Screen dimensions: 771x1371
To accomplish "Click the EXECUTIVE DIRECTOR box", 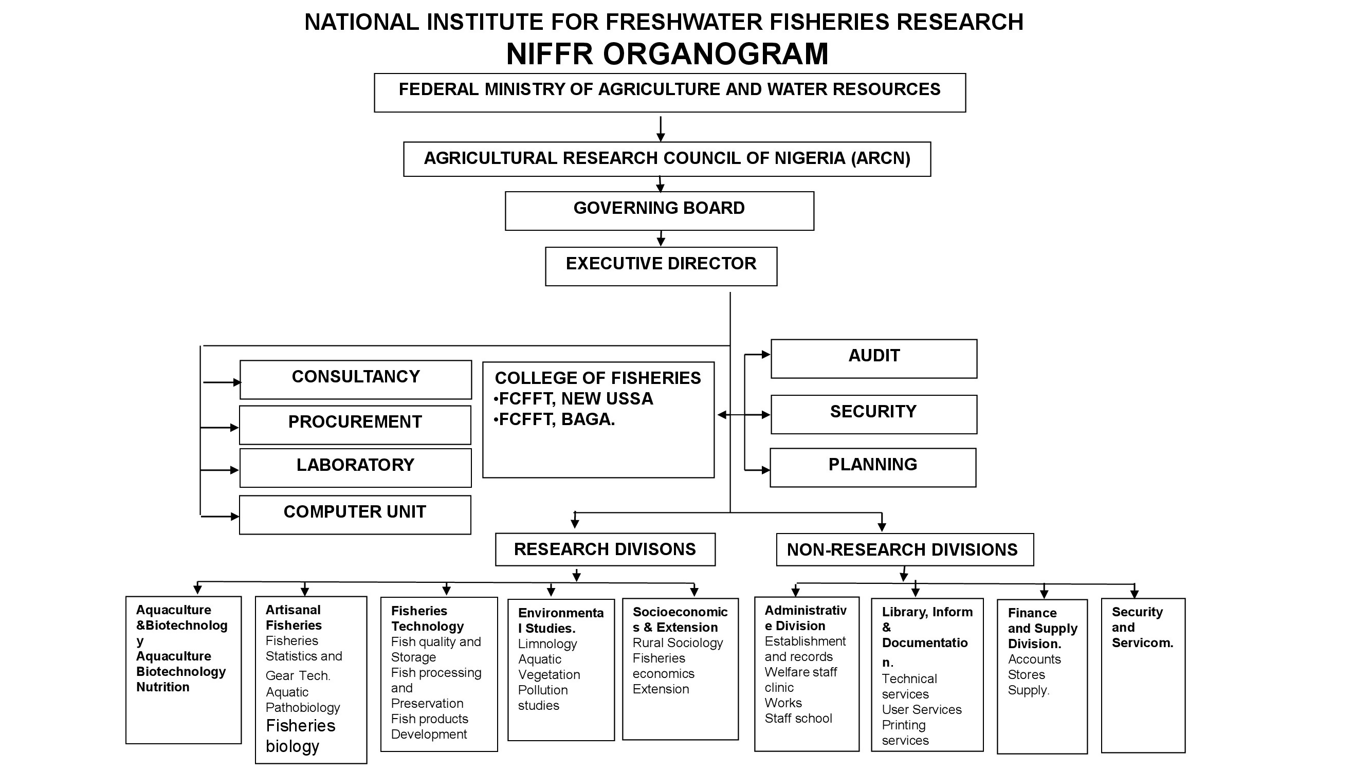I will pos(661,266).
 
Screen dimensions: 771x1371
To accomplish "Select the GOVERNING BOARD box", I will pos(659,211).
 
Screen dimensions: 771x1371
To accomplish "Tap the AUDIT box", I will pos(873,358).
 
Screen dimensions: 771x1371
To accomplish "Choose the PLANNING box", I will pos(872,467).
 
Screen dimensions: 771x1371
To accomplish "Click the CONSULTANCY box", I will pos(356,379).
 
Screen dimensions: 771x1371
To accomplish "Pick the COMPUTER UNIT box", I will pos(355,515).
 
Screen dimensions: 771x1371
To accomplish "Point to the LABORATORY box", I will pos(355,467).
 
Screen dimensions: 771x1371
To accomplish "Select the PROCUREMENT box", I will pos(355,425).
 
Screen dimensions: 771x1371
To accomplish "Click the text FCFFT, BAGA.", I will pos(556,419).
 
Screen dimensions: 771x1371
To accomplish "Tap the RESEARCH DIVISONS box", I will pos(605,549).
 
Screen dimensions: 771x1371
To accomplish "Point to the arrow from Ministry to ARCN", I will pos(661,129).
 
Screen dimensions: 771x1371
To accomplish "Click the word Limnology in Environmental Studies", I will pos(547,644).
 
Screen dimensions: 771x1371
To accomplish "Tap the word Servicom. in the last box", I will pos(1142,643).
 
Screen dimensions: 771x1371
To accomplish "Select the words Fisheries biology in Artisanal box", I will pos(300,736).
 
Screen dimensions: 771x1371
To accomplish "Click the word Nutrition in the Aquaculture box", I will pos(162,687).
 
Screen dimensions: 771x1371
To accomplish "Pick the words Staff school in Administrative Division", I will pos(798,719).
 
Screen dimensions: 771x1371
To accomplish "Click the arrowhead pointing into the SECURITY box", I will pos(765,414).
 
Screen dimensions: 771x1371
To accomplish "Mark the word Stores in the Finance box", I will pos(1026,675).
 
